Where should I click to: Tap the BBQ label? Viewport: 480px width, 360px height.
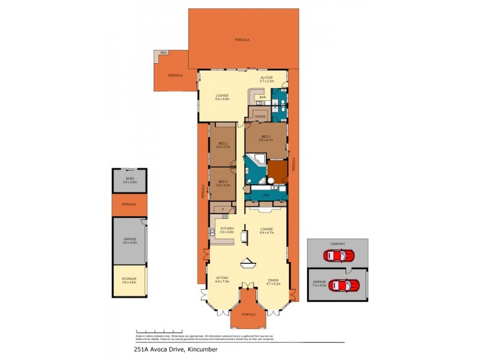pyautogui.click(x=163, y=54)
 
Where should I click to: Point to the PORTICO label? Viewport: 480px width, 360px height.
pyautogui.click(x=248, y=314)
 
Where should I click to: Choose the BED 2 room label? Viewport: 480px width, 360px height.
pyautogui.click(x=223, y=144)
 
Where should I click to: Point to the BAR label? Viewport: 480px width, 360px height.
pyautogui.click(x=262, y=97)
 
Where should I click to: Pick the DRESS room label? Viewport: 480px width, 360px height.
pyautogui.click(x=260, y=116)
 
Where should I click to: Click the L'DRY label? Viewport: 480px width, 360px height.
pyautogui.click(x=266, y=196)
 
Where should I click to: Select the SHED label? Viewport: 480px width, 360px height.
pyautogui.click(x=130, y=179)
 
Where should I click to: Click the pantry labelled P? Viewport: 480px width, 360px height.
pyautogui.click(x=223, y=209)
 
